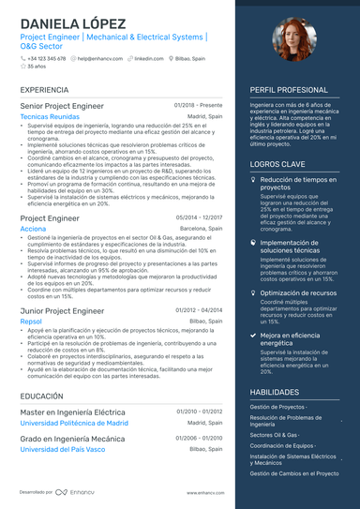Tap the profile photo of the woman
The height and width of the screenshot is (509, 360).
click(x=292, y=43)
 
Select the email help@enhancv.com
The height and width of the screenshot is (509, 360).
click(x=97, y=58)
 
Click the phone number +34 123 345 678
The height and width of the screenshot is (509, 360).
click(x=46, y=58)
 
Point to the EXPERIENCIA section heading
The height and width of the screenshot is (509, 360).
click(x=43, y=90)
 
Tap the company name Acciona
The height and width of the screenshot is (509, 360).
click(x=33, y=228)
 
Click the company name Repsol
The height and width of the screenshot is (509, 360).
click(x=31, y=321)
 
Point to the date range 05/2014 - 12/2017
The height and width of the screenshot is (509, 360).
click(x=199, y=217)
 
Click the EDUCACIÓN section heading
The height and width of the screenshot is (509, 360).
click(x=42, y=397)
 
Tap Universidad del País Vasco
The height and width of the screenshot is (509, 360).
click(x=67, y=449)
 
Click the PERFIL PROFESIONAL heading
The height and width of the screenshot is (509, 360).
click(x=289, y=90)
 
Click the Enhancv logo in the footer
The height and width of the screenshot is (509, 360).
click(x=75, y=492)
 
